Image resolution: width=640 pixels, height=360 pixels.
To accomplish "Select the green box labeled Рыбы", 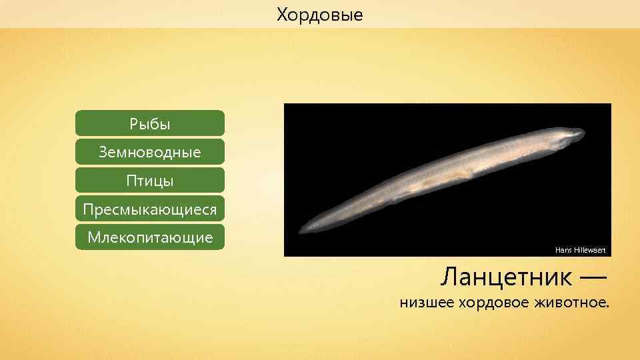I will pos(150,124).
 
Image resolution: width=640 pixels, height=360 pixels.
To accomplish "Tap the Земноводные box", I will pos(150,152).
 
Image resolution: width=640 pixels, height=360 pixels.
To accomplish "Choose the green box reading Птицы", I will pos(150,181).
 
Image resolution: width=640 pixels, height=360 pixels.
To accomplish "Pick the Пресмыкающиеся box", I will pos(150,209).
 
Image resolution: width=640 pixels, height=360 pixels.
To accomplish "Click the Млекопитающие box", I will pos(150,237).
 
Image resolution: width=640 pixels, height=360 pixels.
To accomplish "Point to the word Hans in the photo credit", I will pos(563,250).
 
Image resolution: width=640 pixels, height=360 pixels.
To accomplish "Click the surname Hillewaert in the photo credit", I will pos(589,250).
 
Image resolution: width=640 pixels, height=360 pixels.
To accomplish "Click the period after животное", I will pos(607,308).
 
